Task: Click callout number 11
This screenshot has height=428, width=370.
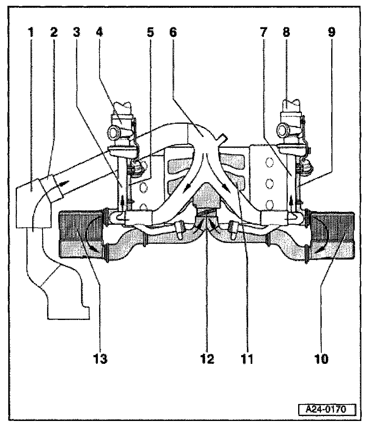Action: click(x=247, y=359)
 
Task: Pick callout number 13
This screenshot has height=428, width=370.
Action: click(x=100, y=359)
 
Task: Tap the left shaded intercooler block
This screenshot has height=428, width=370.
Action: click(x=78, y=236)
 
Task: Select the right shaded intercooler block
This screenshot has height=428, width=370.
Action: click(x=332, y=236)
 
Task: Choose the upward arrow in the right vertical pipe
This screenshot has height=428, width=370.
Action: click(x=292, y=202)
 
